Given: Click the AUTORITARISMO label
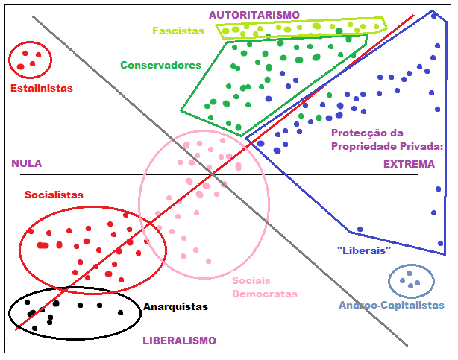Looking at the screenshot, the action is (x=254, y=15).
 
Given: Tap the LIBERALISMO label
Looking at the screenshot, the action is (x=179, y=341).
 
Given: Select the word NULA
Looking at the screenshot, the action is (x=26, y=163).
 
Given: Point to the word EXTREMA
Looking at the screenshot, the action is (x=408, y=164).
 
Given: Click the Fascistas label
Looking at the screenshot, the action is (x=178, y=31).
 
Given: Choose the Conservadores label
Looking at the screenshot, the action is (x=161, y=65).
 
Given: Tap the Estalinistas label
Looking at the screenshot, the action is (x=42, y=88).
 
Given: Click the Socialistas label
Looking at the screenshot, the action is (x=54, y=195).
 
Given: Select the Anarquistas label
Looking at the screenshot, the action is (x=175, y=306).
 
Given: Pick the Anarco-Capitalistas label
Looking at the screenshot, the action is (x=391, y=306).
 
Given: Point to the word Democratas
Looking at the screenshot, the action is (x=264, y=294).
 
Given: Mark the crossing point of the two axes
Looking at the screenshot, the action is (x=213, y=174).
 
